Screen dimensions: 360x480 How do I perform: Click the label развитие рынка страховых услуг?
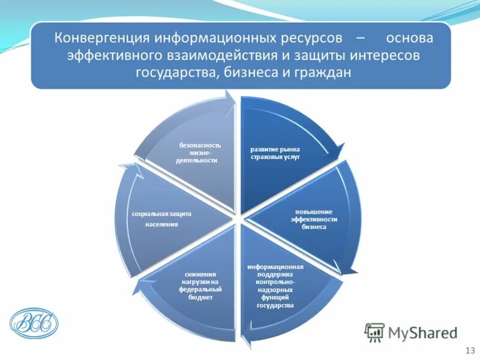pos(275,153)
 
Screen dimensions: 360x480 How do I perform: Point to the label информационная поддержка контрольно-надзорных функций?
pos(275,286)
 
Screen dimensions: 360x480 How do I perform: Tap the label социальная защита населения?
pos(162,218)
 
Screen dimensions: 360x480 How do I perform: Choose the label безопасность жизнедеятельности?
pos(197,153)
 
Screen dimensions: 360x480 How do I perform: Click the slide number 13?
pos(469,350)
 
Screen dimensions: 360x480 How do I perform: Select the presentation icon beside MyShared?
pos(375,332)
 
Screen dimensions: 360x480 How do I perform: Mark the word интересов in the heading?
pos(400,55)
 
